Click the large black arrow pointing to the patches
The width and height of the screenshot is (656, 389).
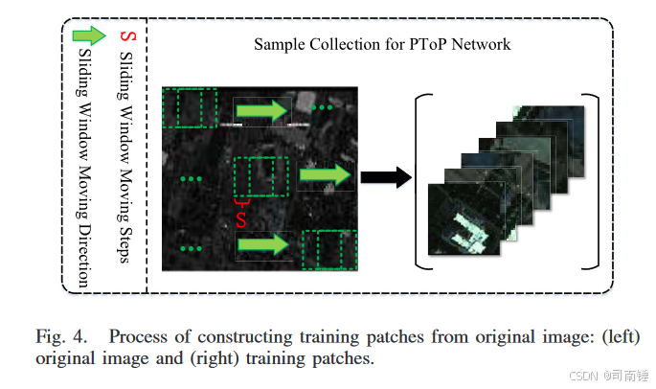385,176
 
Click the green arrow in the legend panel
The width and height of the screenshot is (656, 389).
89,35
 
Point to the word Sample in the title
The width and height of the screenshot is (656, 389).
277,44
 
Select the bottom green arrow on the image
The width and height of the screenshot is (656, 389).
263,246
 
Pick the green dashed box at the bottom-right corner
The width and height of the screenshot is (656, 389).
329,249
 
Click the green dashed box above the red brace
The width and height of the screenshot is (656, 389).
260,178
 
